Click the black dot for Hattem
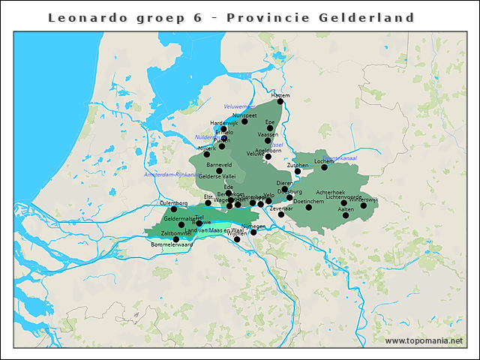(x=280, y=101)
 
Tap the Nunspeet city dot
(x=244, y=121)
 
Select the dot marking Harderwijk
(x=223, y=128)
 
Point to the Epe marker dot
(x=270, y=127)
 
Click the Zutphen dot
(x=298, y=171)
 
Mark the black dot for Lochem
(x=325, y=166)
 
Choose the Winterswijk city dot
(x=364, y=205)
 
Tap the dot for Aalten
(x=346, y=215)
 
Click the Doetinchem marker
(x=309, y=207)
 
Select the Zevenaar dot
(x=281, y=214)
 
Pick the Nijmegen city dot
(x=253, y=232)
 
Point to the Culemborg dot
(x=174, y=208)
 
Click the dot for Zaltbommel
(x=176, y=239)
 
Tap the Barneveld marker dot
(x=219, y=170)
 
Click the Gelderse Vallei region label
(x=217, y=176)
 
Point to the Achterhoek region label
(x=330, y=192)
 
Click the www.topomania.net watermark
(x=424, y=340)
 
